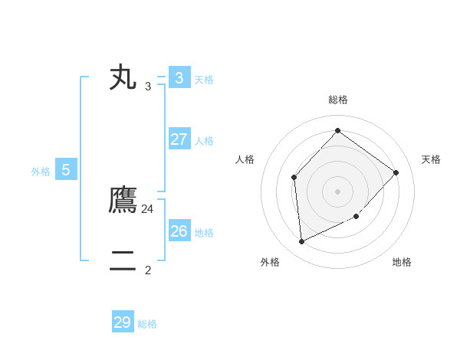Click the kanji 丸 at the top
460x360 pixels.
click(x=123, y=77)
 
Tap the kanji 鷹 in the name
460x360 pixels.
click(x=123, y=200)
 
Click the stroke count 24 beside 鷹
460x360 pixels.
click(x=148, y=208)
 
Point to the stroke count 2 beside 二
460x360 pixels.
click(x=148, y=270)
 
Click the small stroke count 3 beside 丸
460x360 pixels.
click(x=148, y=87)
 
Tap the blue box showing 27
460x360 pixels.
click(x=179, y=139)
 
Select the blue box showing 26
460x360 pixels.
click(x=179, y=231)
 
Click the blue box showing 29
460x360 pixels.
click(x=123, y=322)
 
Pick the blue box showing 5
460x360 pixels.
click(x=66, y=170)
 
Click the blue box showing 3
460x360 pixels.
click(x=179, y=78)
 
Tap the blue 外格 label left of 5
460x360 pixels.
click(x=41, y=172)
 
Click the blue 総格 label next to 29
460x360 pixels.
click(x=148, y=324)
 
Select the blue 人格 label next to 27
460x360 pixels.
click(x=205, y=141)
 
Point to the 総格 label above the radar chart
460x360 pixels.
click(x=337, y=100)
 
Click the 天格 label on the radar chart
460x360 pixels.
click(x=432, y=159)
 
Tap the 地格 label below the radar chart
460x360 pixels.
click(x=402, y=262)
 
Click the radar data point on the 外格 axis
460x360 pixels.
click(x=301, y=242)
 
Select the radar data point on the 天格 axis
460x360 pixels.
click(x=396, y=172)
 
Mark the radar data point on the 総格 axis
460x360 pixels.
click(x=337, y=130)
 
